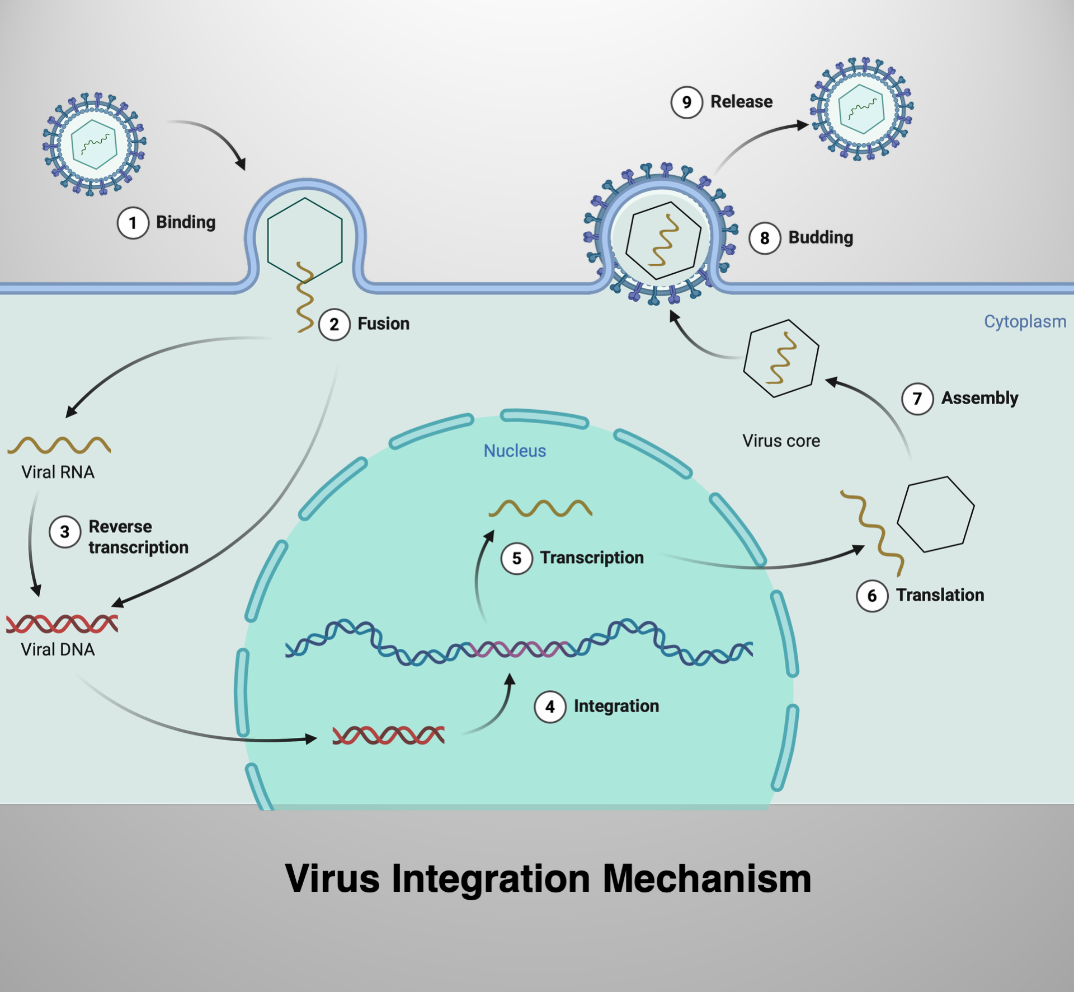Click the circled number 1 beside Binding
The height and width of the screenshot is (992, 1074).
133,223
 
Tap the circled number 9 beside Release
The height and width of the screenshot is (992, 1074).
686,102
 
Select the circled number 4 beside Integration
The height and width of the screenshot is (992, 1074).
550,706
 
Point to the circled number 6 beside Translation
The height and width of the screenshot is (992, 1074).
872,596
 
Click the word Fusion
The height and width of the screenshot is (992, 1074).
383,324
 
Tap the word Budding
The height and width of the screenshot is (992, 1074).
821,237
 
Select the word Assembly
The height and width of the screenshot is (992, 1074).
979,398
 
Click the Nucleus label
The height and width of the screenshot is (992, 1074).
515,451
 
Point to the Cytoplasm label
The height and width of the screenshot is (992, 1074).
1025,321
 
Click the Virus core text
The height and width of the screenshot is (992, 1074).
781,441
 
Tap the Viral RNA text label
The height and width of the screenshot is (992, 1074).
58,472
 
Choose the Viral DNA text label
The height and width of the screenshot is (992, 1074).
58,649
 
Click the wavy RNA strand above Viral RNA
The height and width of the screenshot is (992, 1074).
59,445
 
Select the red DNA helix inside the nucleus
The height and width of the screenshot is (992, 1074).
388,735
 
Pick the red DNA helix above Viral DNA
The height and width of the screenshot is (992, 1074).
62,623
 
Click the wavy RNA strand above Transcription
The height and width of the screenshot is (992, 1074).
540,508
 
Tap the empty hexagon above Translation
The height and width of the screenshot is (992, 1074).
935,514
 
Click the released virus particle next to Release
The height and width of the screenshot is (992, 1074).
862,109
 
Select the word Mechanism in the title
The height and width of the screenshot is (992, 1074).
706,878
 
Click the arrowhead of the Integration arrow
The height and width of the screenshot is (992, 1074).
510,679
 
